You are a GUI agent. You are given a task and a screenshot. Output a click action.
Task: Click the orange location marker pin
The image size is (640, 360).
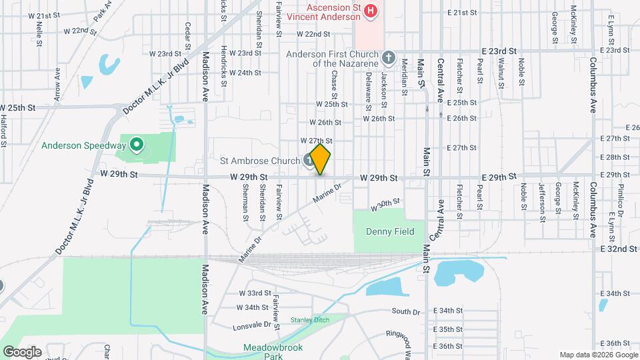[x=321, y=159]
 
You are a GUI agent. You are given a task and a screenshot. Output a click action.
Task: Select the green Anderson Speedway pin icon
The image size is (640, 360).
[x=136, y=144]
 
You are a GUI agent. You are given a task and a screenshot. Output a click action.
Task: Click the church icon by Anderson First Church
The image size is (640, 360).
[x=389, y=58]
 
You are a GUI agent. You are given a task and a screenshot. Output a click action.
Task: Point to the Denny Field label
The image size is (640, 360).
[x=390, y=232]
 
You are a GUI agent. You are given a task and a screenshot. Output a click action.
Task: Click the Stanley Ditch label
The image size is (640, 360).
[x=310, y=320]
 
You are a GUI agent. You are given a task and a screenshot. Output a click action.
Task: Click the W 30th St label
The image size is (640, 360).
[x=385, y=204]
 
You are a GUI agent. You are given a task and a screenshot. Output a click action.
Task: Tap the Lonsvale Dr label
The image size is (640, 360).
[x=253, y=326]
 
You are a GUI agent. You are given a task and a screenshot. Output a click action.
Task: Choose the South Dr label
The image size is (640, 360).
[x=406, y=311]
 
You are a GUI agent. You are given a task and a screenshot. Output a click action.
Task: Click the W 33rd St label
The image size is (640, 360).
[x=255, y=293]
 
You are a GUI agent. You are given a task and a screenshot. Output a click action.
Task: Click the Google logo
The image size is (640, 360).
[x=21, y=351]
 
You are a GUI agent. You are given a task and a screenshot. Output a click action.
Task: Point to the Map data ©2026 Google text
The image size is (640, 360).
[x=597, y=355]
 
